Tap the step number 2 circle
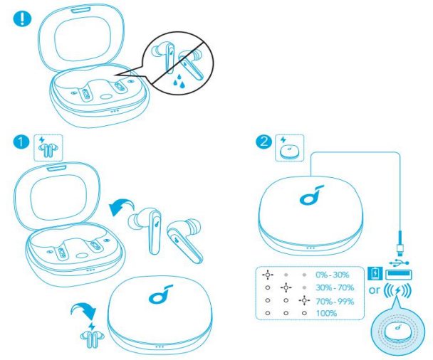[x=265, y=142]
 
